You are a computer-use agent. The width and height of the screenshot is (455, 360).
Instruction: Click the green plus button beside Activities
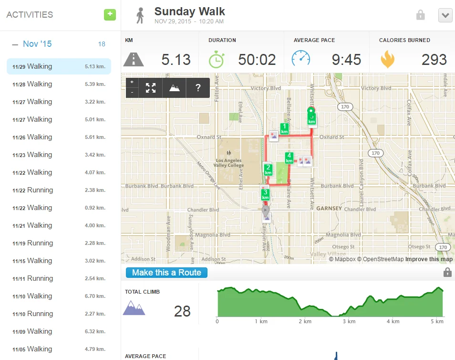pyautogui.click(x=110, y=14)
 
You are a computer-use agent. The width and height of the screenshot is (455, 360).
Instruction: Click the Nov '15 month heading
pyautogui.click(x=37, y=44)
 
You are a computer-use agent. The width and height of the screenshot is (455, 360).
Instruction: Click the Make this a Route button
pyautogui.click(x=166, y=273)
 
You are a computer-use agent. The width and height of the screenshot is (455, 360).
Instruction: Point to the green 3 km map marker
pyautogui.click(x=265, y=195)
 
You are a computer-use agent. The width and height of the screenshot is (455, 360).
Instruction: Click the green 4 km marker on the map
pyautogui.click(x=289, y=158)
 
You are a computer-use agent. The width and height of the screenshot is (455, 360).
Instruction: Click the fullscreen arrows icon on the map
pyautogui.click(x=151, y=88)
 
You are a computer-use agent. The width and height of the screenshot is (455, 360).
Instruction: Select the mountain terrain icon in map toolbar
pyautogui.click(x=175, y=88)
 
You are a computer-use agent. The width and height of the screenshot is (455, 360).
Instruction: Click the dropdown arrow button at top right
pyautogui.click(x=445, y=15)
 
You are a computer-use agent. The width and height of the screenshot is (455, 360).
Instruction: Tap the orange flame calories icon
pyautogui.click(x=387, y=59)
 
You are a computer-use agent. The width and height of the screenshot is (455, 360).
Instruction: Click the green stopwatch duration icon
pyautogui.click(x=217, y=59)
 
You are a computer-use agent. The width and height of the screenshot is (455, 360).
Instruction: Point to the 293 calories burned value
pyautogui.click(x=434, y=60)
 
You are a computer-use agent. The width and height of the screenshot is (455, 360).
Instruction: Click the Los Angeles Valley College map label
pyautogui.click(x=229, y=163)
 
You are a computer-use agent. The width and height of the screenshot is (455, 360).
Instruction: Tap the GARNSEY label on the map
pyautogui.click(x=329, y=209)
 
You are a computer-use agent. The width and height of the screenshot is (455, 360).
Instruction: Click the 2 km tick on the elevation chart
pyautogui.click(x=305, y=321)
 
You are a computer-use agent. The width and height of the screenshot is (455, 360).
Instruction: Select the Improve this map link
pyautogui.click(x=429, y=259)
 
